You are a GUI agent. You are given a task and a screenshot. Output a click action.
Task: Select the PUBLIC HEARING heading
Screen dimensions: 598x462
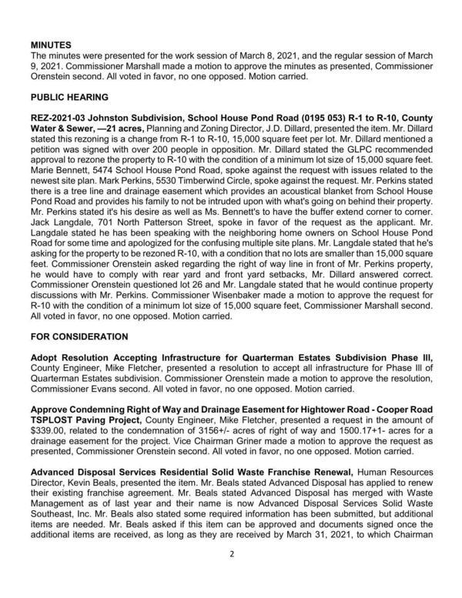(x=69, y=99)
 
